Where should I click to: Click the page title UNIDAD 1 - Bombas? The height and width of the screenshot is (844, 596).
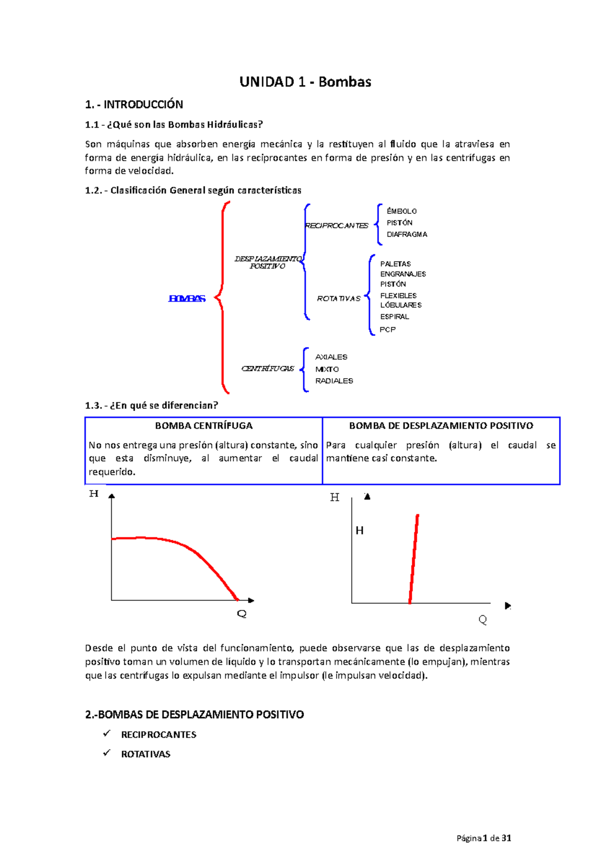(x=305, y=82)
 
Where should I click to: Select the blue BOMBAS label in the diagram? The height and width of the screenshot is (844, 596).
(x=187, y=299)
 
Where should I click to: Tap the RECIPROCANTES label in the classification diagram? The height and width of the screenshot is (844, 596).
(x=337, y=226)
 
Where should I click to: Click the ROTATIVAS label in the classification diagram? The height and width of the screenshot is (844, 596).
(x=338, y=299)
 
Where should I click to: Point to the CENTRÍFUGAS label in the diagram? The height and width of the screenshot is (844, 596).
(x=268, y=369)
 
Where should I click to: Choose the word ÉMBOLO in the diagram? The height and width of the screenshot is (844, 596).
(x=401, y=211)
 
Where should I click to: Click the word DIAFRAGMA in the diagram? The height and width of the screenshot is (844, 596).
(x=407, y=235)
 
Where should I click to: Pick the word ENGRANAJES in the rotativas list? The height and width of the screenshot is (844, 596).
(x=403, y=274)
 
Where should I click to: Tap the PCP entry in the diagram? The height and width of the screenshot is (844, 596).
(x=387, y=330)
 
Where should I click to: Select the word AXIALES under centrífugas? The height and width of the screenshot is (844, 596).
(x=331, y=357)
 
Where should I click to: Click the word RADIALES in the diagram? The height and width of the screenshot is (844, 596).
(x=334, y=381)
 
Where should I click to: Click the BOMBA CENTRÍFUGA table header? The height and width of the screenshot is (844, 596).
(x=204, y=426)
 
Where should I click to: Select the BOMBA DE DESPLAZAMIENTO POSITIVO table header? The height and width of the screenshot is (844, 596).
(x=441, y=426)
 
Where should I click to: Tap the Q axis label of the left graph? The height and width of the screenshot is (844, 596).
(x=242, y=614)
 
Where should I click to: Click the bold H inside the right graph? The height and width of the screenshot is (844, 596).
(x=360, y=531)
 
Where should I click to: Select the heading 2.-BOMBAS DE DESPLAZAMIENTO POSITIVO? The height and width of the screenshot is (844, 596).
(x=194, y=715)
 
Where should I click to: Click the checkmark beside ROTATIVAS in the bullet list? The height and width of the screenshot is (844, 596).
(x=107, y=754)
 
